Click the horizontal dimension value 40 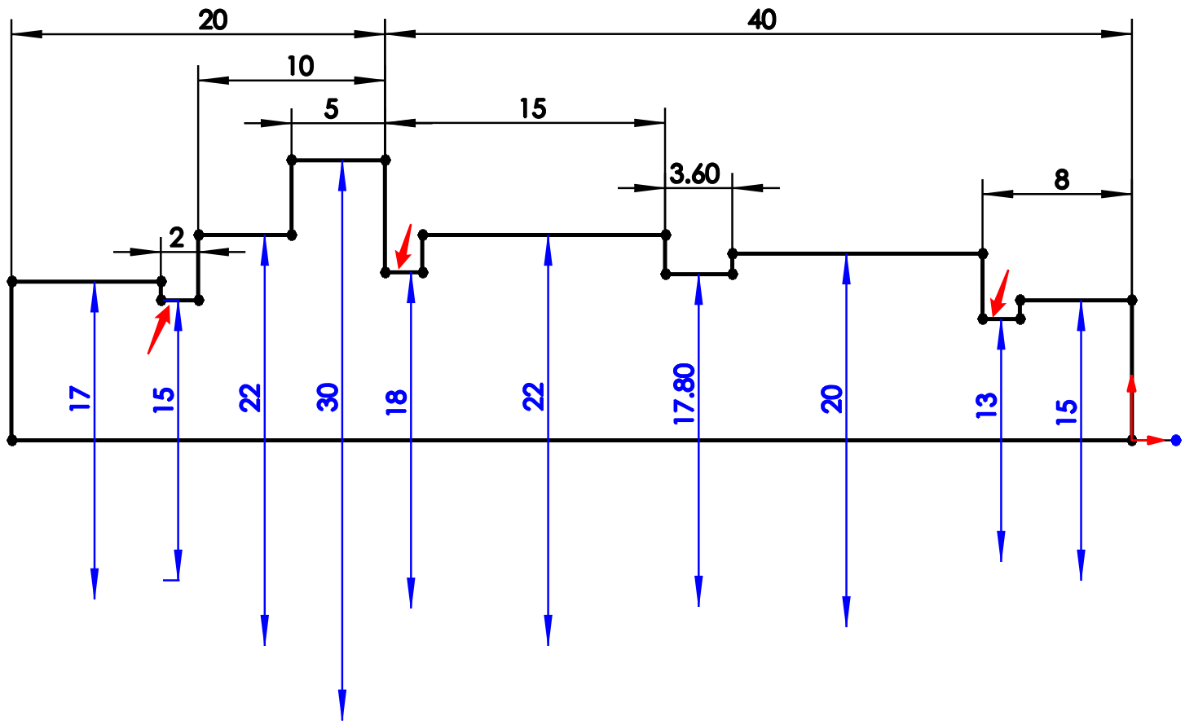(762, 20)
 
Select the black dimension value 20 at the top (213, 20)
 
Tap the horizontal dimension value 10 (300, 66)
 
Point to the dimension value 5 (331, 109)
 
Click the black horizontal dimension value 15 (533, 108)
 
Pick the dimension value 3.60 (695, 174)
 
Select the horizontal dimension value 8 (1061, 179)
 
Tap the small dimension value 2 (177, 238)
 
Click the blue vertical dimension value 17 (80, 398)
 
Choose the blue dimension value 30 (328, 397)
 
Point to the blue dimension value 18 (396, 402)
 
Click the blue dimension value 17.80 (685, 394)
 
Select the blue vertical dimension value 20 (832, 399)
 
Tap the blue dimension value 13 (987, 405)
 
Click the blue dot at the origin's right (1175, 441)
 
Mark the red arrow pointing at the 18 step (403, 247)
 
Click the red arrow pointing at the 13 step (998, 294)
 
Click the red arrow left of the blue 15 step (159, 331)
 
